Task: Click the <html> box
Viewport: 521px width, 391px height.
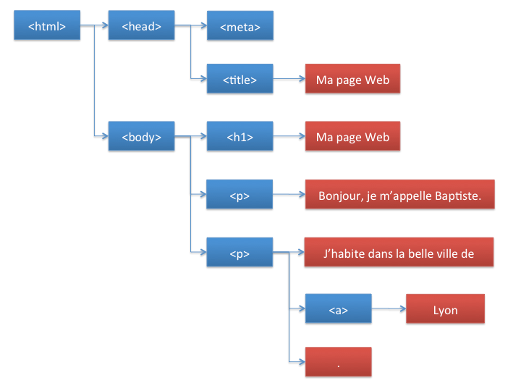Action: (x=47, y=25)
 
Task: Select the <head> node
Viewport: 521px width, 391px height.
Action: (x=141, y=25)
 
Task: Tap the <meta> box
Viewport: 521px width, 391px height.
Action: (x=240, y=25)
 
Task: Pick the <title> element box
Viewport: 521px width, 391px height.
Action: (x=240, y=78)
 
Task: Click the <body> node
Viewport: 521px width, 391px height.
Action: (x=141, y=136)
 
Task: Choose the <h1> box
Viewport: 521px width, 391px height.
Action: (x=240, y=136)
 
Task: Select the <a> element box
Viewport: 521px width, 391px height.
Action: (x=338, y=308)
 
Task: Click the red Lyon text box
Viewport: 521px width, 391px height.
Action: (x=445, y=308)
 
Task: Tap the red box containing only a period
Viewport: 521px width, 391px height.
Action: (x=338, y=362)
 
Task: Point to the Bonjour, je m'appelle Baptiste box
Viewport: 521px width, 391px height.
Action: (x=399, y=194)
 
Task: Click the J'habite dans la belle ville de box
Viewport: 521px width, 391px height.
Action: (x=399, y=252)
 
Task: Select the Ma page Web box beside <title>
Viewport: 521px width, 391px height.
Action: (x=352, y=78)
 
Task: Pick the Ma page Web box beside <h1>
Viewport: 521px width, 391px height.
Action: (x=352, y=136)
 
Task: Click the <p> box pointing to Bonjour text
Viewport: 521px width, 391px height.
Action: (x=240, y=194)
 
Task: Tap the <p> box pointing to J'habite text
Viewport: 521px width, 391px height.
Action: (x=240, y=252)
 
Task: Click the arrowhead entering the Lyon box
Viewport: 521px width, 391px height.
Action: (x=403, y=309)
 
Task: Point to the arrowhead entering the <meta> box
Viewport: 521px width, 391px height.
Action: (x=203, y=25)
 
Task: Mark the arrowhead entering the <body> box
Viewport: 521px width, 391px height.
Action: (x=105, y=135)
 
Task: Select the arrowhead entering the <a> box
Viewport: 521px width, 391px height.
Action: (x=302, y=308)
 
